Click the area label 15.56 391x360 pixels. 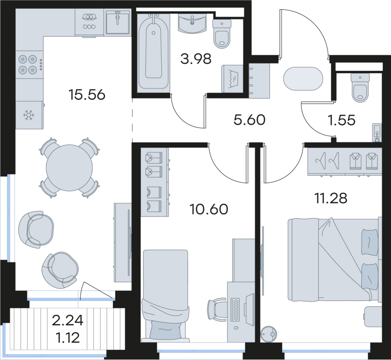87,94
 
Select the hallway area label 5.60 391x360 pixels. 249,120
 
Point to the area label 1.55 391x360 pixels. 341,120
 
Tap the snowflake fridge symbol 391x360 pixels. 29,115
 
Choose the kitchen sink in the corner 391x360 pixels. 117,22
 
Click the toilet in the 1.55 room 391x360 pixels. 361,87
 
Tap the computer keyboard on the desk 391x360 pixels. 236,311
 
